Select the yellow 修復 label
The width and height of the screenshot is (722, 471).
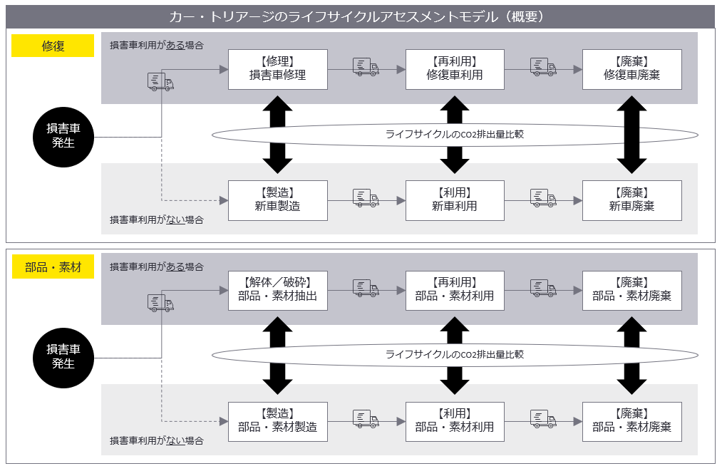pos(53,46)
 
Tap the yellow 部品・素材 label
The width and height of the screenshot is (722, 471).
pos(53,267)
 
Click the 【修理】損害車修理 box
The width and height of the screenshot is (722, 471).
pos(278,69)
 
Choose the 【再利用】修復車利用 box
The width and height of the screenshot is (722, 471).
pos(455,69)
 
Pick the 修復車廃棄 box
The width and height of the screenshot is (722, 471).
pos(631,69)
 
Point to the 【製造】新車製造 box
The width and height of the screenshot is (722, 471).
pos(278,200)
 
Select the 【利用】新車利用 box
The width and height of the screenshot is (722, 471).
pos(455,200)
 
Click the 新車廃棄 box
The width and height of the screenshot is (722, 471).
pos(631,200)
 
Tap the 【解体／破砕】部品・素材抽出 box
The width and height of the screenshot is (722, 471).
pos(278,291)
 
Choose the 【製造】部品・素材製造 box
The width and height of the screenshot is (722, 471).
pos(278,422)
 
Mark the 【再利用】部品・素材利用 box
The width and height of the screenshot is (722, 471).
pos(455,291)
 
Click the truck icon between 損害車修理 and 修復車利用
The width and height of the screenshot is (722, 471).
pos(366,67)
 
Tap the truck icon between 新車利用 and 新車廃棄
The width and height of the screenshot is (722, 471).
pos(543,198)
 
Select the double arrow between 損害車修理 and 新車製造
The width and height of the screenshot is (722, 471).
pos(278,135)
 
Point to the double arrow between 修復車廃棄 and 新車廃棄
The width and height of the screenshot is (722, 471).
pos(631,135)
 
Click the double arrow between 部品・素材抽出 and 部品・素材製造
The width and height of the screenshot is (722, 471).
pos(278,356)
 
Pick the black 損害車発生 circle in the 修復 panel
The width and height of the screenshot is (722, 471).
pos(63,137)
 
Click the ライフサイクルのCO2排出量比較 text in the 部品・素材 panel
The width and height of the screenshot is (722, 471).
pos(455,355)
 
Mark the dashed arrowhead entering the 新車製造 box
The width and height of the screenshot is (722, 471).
pos(224,200)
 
